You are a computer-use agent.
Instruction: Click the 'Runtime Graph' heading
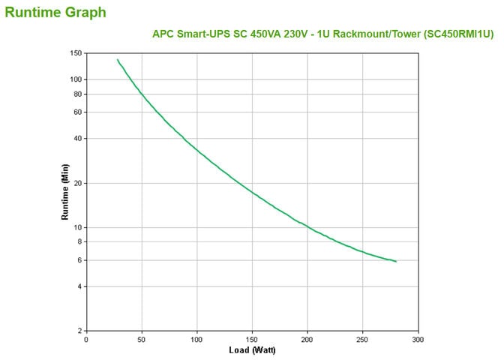point(55,12)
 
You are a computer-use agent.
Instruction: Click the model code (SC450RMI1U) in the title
point(458,34)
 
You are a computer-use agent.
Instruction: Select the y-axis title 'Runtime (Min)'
point(65,193)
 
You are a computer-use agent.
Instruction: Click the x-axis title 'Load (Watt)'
point(251,350)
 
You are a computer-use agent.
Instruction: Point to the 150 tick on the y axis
point(75,53)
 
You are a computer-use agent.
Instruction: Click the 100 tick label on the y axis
point(75,79)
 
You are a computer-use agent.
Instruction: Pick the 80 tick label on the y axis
point(77,94)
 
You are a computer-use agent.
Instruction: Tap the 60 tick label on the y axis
point(77,112)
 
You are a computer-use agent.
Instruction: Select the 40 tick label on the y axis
point(77,139)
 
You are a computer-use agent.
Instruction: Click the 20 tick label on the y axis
point(77,183)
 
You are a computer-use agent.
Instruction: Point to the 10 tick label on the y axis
point(77,227)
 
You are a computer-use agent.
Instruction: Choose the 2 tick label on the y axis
point(79,331)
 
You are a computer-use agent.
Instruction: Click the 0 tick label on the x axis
point(86,339)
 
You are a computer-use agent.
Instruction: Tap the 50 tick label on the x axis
point(142,339)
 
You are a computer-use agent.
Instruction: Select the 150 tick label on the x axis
point(252,339)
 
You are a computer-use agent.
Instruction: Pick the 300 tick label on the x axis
point(418,339)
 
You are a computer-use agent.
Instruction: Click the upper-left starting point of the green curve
point(117,59)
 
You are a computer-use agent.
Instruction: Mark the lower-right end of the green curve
point(395,261)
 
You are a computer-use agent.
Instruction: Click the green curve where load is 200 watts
point(307,226)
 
